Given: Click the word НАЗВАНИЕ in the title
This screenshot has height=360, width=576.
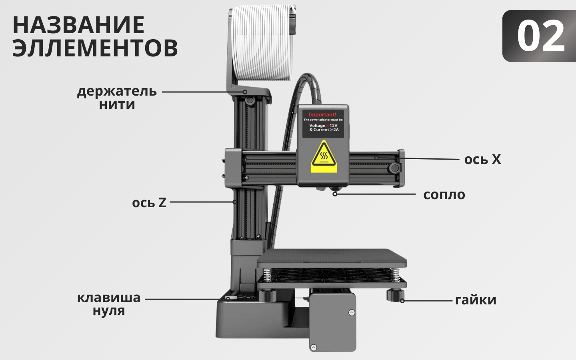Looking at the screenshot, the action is point(78,25).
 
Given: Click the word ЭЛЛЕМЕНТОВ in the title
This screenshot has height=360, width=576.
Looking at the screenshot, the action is point(95,48).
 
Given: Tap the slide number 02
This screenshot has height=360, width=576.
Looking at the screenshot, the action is point(540,36).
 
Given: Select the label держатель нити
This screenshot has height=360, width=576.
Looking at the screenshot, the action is point(117,97).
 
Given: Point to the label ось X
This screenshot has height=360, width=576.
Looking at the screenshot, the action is point(482,159).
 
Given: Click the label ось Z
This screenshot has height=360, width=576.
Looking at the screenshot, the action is point(149,202).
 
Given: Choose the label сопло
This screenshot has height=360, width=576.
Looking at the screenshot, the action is point(444,194).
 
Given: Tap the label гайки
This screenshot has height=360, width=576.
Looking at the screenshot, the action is point(476,300).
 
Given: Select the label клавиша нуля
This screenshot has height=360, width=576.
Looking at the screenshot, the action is point(109,304).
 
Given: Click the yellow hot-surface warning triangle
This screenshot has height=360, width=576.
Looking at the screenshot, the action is point(324,157).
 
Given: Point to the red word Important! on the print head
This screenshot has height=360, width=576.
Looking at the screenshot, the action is point(322,114).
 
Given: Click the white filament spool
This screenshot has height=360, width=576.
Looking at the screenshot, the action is point(262,42).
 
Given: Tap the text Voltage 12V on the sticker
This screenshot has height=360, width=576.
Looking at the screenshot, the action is point(323,126).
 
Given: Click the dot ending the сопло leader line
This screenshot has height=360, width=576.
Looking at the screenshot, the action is point(335,194).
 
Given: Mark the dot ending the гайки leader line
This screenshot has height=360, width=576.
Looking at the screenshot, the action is point(402,300).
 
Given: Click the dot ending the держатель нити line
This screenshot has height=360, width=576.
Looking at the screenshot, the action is point(245,92).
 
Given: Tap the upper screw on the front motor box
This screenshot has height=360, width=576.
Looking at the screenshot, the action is point(352,312).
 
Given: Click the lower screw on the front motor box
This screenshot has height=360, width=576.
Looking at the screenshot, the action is point(314,347).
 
